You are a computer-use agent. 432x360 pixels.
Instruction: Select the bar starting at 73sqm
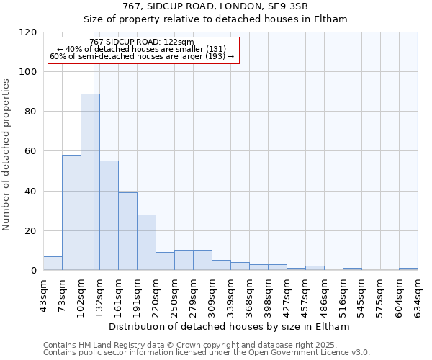pos(71,212)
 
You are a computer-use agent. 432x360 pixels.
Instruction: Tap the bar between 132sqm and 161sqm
pos(109,215)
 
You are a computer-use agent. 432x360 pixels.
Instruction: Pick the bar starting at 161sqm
pos(127,231)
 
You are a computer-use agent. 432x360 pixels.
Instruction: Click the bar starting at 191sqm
pos(146,242)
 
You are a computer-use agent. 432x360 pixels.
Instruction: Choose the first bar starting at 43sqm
pos(53,263)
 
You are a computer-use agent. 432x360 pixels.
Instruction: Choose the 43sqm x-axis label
pos(43,294)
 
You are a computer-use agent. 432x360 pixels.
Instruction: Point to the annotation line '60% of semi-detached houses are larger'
pos(142,56)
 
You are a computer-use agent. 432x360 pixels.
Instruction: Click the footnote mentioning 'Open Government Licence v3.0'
pos(207,352)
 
